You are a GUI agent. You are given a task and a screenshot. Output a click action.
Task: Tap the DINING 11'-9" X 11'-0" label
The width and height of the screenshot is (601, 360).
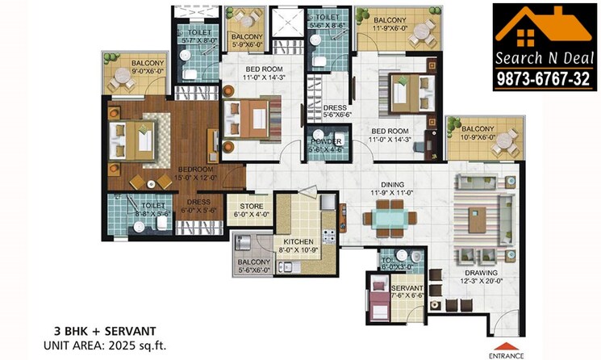coord(384,190)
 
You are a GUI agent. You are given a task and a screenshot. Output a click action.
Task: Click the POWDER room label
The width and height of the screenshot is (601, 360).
coord(326,145)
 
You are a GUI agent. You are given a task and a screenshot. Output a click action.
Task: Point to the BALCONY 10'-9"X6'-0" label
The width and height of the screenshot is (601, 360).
coord(478,133)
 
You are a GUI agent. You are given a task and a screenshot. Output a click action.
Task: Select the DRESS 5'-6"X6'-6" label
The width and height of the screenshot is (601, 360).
coord(335,111)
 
